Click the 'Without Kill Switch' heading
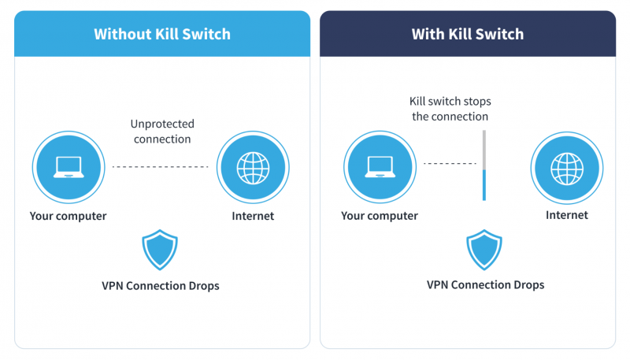tap(162, 34)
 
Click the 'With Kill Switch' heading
tap(467, 34)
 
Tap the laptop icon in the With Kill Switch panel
tap(380, 166)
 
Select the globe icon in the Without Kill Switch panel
tap(253, 166)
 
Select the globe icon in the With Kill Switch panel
tap(567, 166)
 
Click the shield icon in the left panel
tap(160, 251)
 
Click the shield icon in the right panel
tap(484, 250)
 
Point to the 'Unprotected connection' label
tap(162, 132)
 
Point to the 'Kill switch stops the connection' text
tap(449, 109)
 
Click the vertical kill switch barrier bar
tap(484, 166)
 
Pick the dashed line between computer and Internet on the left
tap(161, 167)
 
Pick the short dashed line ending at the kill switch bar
tap(450, 164)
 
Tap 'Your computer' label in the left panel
tap(68, 216)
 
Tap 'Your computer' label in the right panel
tap(380, 216)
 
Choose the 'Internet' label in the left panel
tap(253, 216)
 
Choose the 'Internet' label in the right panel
tap(567, 215)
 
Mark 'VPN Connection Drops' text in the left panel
tap(161, 286)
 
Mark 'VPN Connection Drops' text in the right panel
tap(485, 284)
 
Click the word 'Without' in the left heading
tap(119, 34)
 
